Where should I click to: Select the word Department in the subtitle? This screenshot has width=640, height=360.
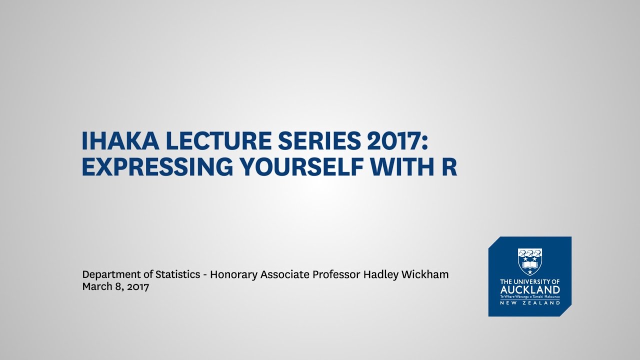[x=110, y=275]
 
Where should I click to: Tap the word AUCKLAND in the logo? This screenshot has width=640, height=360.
[x=530, y=290]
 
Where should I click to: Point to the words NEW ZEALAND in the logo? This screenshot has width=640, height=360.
[x=530, y=302]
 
